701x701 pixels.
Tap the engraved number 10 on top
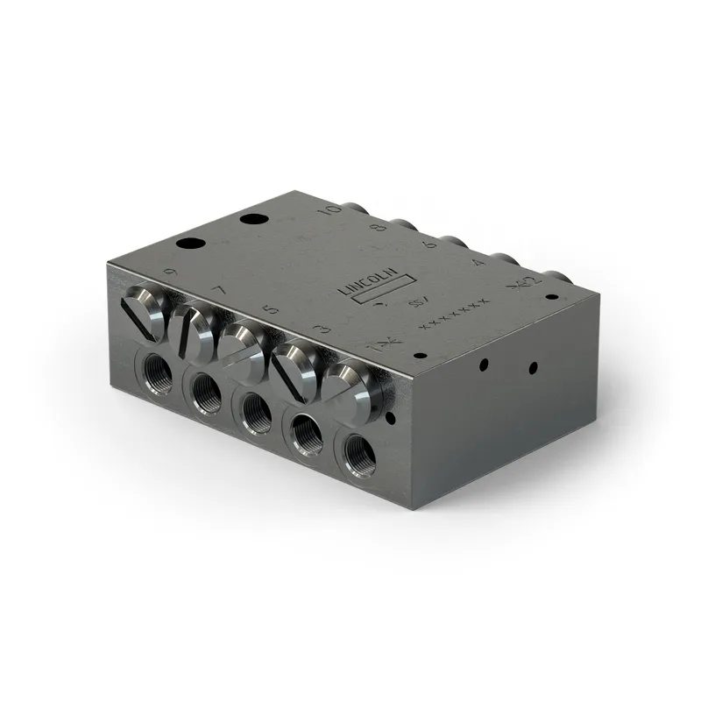[x=330, y=211]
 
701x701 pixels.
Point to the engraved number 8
[x=379, y=229]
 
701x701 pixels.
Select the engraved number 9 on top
[x=170, y=273]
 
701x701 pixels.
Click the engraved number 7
[x=219, y=291]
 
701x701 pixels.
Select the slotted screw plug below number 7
[x=195, y=327]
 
